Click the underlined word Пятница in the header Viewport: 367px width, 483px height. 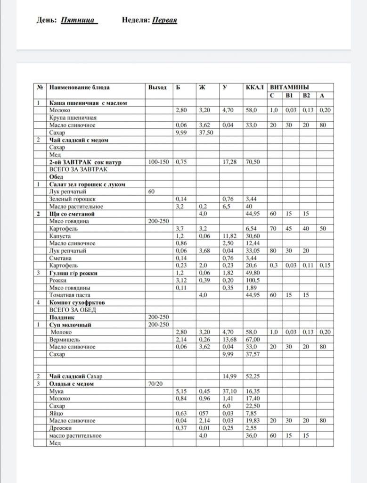pyautogui.click(x=79, y=20)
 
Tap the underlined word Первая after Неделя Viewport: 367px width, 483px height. pyautogui.click(x=164, y=20)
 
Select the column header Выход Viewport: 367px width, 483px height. pyautogui.click(x=157, y=88)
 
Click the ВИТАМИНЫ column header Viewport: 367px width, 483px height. pyautogui.click(x=289, y=88)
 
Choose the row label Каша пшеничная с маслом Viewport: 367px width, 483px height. pyautogui.click(x=88, y=103)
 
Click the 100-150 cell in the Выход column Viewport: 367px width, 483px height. pyautogui.click(x=159, y=162)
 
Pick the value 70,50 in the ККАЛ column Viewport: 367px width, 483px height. pyautogui.click(x=253, y=162)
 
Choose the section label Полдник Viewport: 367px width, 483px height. pyautogui.click(x=60, y=317)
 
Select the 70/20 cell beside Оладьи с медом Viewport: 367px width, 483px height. pyautogui.click(x=156, y=384)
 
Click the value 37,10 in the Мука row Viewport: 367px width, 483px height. pyautogui.click(x=230, y=391)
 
